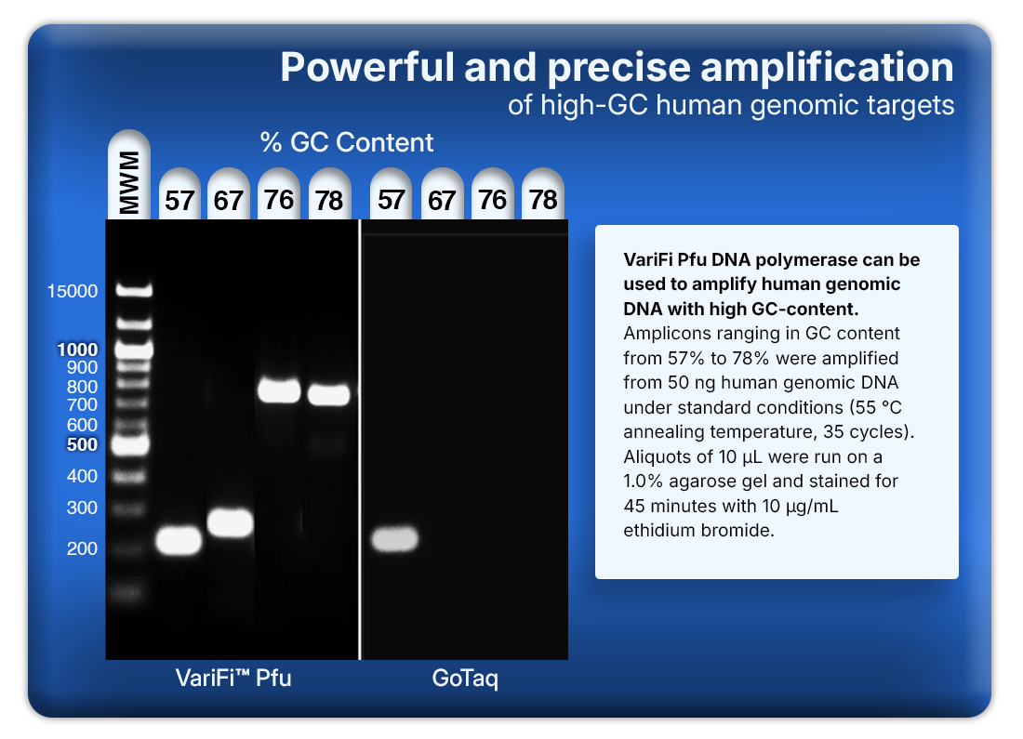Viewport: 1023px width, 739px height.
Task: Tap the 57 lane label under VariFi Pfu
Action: click(x=179, y=198)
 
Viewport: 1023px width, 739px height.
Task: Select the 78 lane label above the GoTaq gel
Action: click(x=543, y=198)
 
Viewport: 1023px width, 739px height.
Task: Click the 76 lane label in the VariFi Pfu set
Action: click(x=279, y=198)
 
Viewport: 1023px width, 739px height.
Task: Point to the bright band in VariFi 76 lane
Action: click(x=279, y=390)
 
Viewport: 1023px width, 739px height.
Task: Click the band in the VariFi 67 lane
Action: click(x=230, y=522)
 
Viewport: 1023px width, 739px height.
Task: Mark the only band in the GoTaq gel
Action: click(x=394, y=538)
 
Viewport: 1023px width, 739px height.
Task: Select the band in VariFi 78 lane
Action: click(x=329, y=395)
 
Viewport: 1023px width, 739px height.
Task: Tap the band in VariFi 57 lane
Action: click(x=179, y=540)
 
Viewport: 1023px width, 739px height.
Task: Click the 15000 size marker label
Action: click(x=73, y=292)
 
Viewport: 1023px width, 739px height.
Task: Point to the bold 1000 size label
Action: click(x=76, y=350)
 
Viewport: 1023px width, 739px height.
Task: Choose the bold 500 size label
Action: click(x=82, y=444)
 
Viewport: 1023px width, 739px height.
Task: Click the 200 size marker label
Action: click(x=82, y=548)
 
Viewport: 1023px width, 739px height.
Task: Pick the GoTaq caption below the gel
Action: click(x=465, y=679)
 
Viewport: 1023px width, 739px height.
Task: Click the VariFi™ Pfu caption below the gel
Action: click(x=233, y=679)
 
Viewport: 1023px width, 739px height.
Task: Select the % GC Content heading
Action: click(x=347, y=143)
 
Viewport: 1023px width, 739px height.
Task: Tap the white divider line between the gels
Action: click(x=360, y=437)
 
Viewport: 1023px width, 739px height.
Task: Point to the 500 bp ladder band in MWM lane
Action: click(x=132, y=445)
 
